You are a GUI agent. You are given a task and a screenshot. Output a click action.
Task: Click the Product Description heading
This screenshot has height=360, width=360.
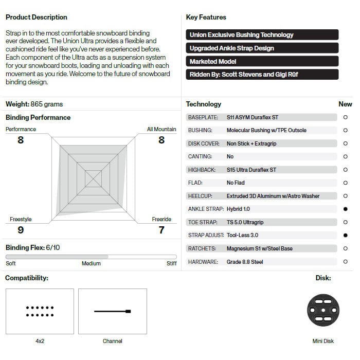pos(37,17)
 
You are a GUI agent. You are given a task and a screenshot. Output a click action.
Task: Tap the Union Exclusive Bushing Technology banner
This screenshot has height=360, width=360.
pos(262,35)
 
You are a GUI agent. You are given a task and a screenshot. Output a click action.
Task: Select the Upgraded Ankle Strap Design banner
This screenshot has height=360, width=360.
pos(262,48)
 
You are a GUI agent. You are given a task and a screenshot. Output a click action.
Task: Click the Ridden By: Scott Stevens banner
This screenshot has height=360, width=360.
pos(262,74)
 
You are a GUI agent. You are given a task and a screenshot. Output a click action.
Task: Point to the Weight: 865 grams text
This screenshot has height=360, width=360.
pos(34,104)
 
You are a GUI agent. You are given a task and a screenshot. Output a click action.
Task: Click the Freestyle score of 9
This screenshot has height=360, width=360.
pos(21,230)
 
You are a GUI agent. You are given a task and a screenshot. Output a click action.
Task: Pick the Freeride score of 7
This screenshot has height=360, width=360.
pos(161,230)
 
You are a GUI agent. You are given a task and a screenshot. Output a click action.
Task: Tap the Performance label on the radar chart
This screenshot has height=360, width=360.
pos(21,129)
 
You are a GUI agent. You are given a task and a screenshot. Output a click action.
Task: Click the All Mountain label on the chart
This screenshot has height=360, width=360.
pos(161,129)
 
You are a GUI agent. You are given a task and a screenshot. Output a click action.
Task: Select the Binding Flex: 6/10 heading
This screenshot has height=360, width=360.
pos(33,247)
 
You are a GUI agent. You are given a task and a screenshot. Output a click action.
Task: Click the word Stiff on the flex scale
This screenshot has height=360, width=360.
pos(172,263)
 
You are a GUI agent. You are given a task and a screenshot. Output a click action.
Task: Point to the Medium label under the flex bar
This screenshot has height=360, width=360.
pos(91,263)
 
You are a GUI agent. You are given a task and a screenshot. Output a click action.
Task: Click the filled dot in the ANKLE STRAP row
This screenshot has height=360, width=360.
pos(345,209)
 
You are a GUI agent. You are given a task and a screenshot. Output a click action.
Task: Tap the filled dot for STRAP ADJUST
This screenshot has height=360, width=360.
pos(345,235)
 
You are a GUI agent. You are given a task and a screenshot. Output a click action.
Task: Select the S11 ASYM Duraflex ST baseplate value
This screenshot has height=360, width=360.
pos(253,117)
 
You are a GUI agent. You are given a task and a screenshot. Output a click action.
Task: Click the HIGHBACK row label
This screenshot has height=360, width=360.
pos(203,170)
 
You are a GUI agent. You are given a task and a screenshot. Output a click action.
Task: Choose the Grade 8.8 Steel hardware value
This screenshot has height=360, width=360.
pos(245,262)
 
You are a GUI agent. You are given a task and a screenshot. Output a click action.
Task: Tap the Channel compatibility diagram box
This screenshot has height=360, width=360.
pos(113,311)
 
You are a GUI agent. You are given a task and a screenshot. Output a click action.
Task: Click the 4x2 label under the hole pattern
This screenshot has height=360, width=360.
pos(40,341)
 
